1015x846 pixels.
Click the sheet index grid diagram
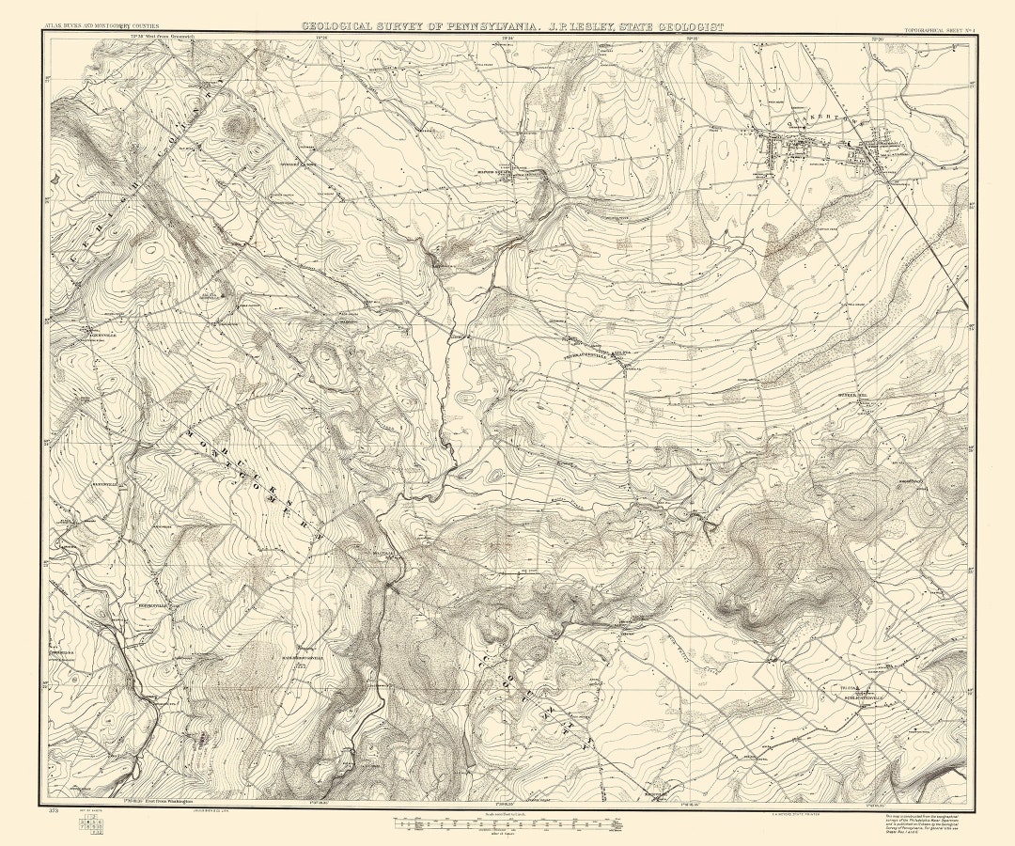tap(92, 824)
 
